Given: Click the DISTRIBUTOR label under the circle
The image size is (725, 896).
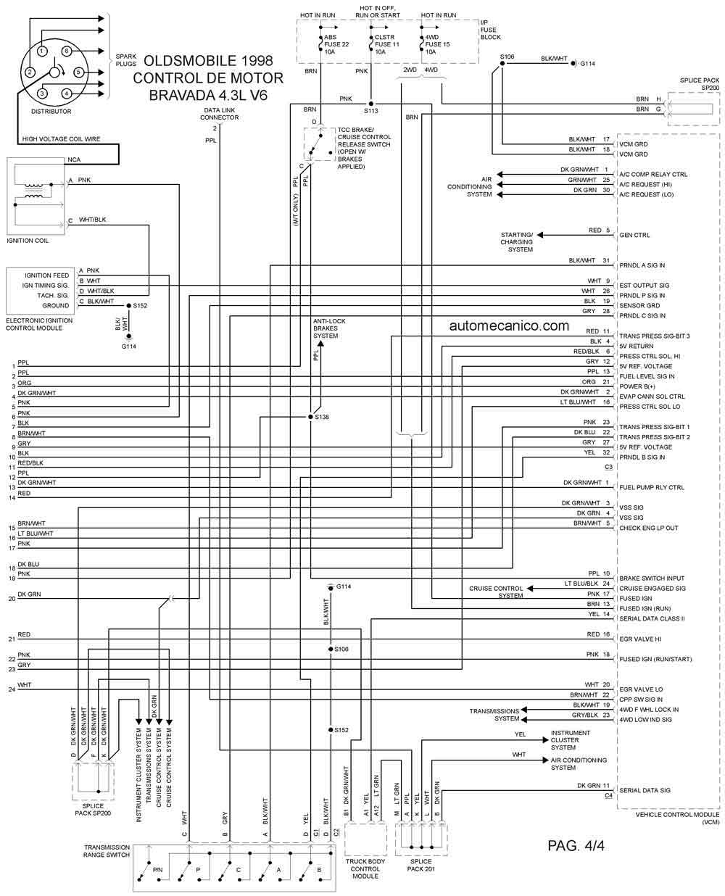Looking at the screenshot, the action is (x=51, y=112).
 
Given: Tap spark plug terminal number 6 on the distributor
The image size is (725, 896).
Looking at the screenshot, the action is (x=66, y=51).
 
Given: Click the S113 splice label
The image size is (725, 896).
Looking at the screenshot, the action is (x=370, y=111).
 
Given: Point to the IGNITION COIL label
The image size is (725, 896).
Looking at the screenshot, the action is (x=28, y=241).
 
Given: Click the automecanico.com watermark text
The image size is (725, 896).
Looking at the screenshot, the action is (x=509, y=325).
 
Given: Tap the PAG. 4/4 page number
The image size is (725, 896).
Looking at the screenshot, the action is (x=576, y=845).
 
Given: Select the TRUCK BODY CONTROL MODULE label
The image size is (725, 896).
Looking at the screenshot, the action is (x=365, y=868).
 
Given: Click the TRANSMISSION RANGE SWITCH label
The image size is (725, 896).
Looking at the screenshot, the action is (x=107, y=851).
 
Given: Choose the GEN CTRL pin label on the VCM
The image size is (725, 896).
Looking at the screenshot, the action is (x=634, y=235).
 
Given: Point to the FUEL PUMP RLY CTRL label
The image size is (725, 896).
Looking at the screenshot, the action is (x=651, y=488).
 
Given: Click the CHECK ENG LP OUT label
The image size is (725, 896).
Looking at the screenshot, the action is (x=648, y=528).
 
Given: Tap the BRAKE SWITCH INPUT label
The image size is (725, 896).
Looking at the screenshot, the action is (x=651, y=578).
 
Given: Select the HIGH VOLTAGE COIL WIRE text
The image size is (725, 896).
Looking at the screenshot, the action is (x=61, y=138).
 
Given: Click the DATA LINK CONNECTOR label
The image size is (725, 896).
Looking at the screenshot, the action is (x=219, y=114).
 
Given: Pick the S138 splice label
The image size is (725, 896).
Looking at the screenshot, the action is (x=322, y=417).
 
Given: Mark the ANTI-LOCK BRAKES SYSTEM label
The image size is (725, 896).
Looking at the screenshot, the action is (x=329, y=328).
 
